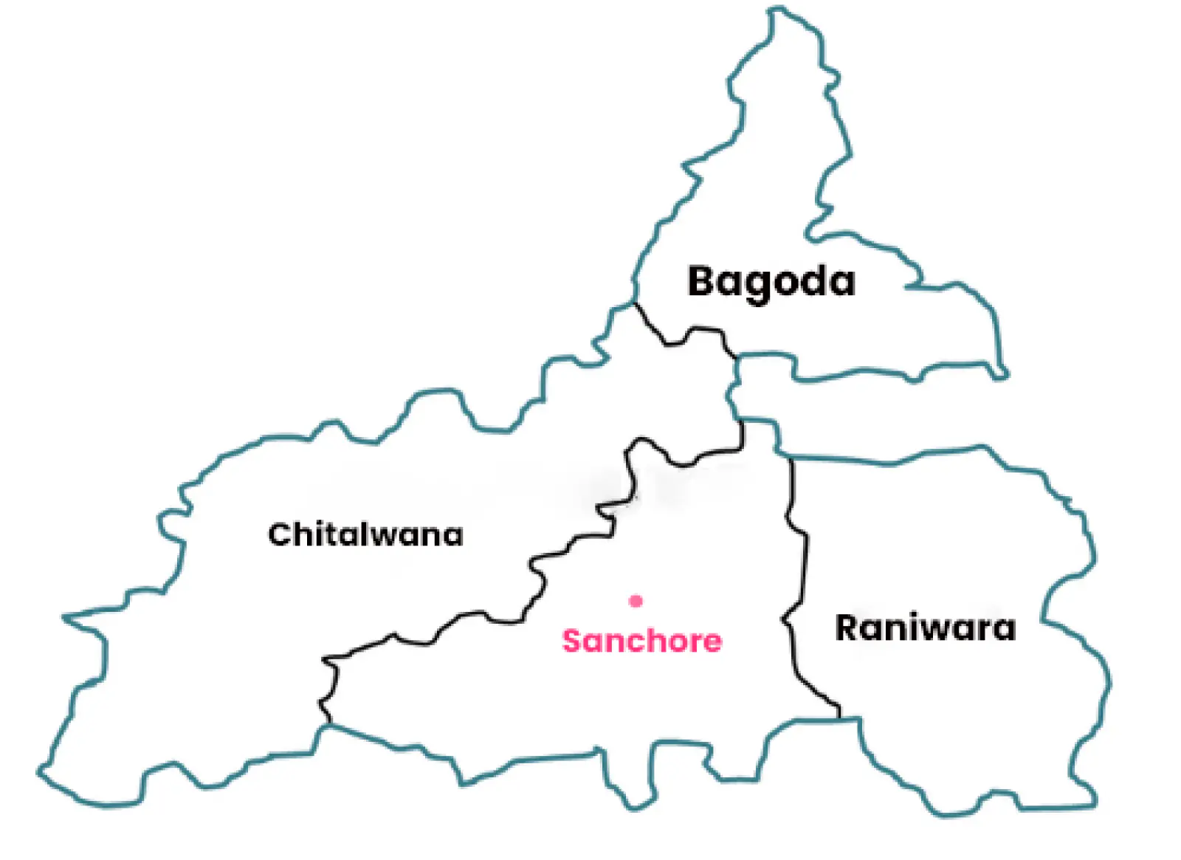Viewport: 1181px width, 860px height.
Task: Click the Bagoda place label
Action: pyautogui.click(x=771, y=281)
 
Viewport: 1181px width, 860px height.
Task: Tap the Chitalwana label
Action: pyautogui.click(x=365, y=534)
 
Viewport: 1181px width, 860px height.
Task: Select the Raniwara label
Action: pyautogui.click(x=925, y=628)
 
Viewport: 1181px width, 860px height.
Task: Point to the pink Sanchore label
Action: pyautogui.click(x=641, y=641)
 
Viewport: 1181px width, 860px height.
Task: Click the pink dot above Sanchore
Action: pyautogui.click(x=636, y=601)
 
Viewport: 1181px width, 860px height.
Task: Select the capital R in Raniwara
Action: pyautogui.click(x=847, y=628)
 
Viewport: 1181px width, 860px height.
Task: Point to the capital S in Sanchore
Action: pyautogui.click(x=573, y=641)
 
